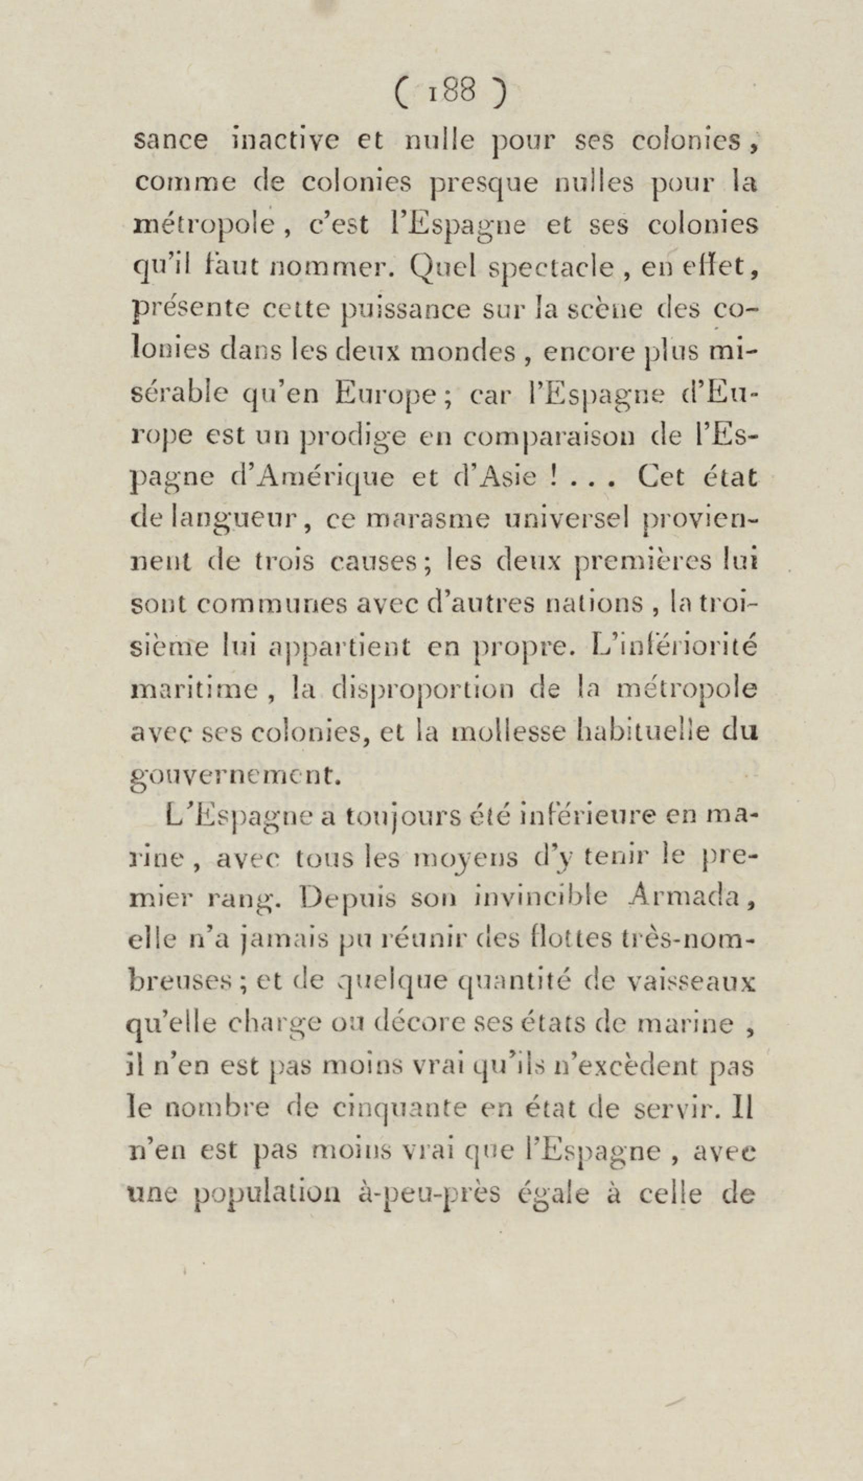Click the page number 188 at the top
452,93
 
